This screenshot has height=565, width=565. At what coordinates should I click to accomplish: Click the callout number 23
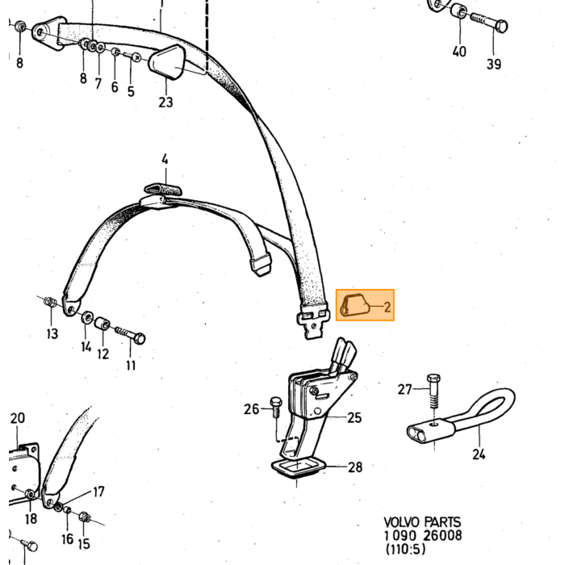pos(165,103)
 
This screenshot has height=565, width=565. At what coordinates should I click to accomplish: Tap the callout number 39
pos(494,64)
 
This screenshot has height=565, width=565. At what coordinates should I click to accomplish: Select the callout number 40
pos(459,52)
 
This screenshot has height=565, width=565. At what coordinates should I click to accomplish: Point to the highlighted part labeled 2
pos(355,306)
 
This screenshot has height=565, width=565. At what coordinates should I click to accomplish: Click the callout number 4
pos(165,159)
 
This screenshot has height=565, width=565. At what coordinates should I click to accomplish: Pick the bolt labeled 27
pos(433,391)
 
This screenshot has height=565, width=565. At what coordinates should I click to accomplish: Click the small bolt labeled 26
pos(276,407)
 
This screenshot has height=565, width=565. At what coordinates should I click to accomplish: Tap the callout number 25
pos(354,417)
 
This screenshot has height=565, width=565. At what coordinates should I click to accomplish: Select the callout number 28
pos(355,467)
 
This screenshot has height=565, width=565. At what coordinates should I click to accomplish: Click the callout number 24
pos(479,454)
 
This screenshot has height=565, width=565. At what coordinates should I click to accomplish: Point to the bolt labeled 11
pos(131,335)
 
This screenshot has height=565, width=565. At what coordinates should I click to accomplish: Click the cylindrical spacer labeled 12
pos(103,323)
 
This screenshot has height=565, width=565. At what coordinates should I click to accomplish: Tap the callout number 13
pos(52,333)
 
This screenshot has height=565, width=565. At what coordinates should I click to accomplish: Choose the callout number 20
pos(17,418)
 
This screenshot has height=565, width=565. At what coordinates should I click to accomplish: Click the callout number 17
pos(98,492)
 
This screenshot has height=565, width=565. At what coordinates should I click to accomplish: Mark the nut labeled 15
pos(84,517)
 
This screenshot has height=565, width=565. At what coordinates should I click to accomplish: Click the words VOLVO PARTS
pos(422,522)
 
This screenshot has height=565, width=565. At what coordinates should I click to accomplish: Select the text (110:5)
pos(405,549)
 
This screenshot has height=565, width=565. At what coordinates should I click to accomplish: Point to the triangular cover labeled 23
pos(167,61)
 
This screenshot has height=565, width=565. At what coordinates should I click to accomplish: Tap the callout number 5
pos(131,91)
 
